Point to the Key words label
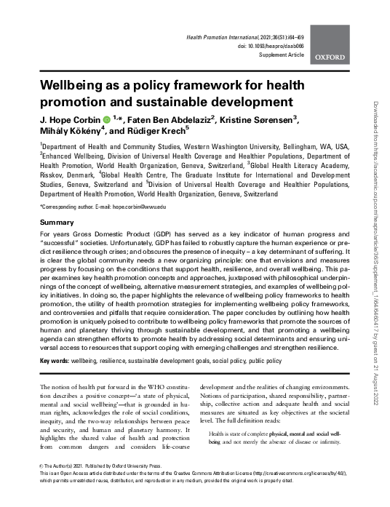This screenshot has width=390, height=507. pyautogui.click(x=55, y=360)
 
